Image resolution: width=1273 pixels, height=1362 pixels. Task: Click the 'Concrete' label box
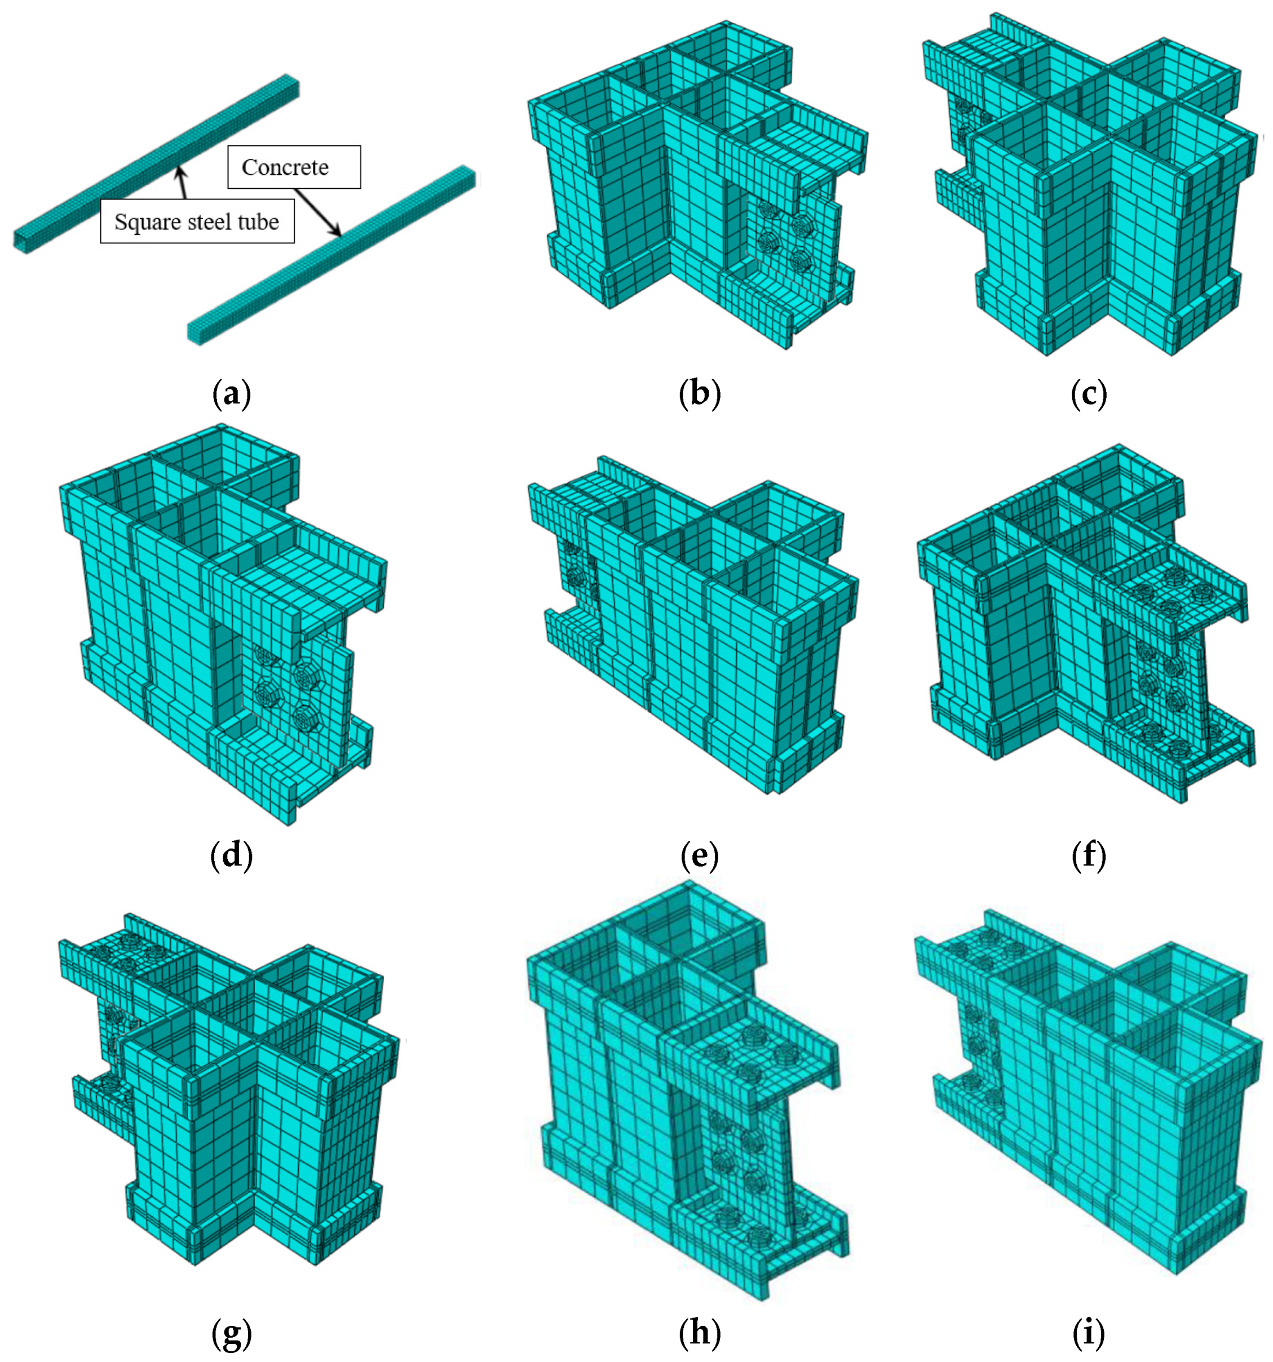(x=294, y=166)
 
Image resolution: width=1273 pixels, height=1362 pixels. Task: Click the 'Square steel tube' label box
(x=197, y=221)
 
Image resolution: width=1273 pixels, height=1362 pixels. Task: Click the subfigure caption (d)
(x=232, y=857)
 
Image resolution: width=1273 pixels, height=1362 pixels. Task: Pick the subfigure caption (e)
(x=699, y=857)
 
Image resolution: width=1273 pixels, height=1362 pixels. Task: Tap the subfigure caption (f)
(x=1089, y=857)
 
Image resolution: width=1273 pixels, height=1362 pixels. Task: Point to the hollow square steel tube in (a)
(x=157, y=163)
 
